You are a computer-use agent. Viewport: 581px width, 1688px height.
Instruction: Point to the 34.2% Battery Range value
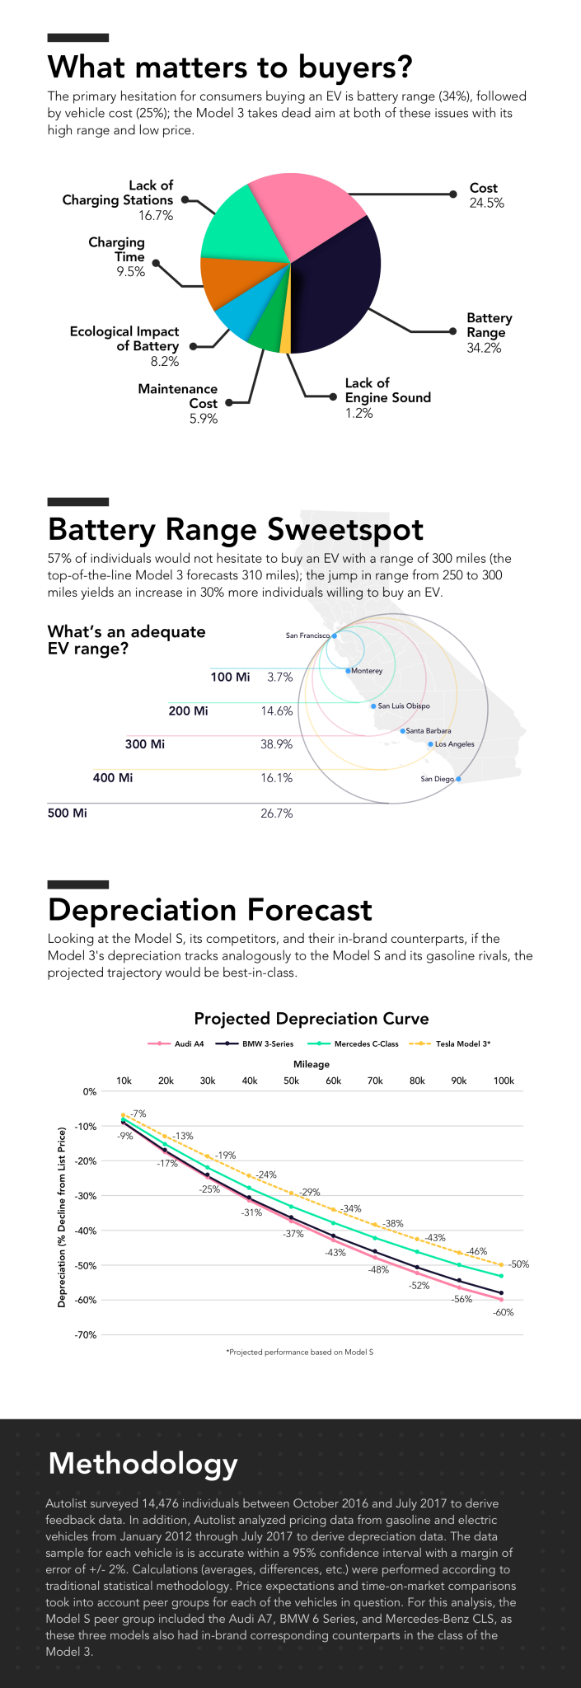(x=484, y=348)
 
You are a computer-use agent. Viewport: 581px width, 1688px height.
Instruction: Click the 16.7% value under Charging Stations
(x=156, y=216)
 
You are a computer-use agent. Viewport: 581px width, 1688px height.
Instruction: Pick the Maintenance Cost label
(x=178, y=396)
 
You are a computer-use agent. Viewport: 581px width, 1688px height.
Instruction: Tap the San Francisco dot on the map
(x=335, y=635)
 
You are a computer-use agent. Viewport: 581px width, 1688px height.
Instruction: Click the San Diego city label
(x=437, y=779)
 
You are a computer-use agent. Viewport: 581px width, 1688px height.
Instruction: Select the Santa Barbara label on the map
(x=429, y=731)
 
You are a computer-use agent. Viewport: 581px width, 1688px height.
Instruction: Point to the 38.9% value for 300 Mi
(x=276, y=744)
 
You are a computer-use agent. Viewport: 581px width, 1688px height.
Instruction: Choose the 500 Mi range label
(x=68, y=814)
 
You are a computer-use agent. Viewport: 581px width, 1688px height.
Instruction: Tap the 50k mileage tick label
(x=291, y=1081)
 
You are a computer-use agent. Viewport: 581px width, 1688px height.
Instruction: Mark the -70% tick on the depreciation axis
(x=87, y=1334)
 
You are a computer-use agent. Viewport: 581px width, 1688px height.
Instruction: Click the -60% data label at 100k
(x=504, y=1312)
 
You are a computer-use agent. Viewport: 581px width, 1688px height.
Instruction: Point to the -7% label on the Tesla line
(x=138, y=1114)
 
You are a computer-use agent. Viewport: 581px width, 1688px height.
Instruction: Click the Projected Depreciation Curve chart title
(x=312, y=1019)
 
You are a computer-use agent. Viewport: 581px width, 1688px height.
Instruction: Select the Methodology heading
(x=143, y=1463)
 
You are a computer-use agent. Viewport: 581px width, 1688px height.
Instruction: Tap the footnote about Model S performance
(x=300, y=1352)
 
